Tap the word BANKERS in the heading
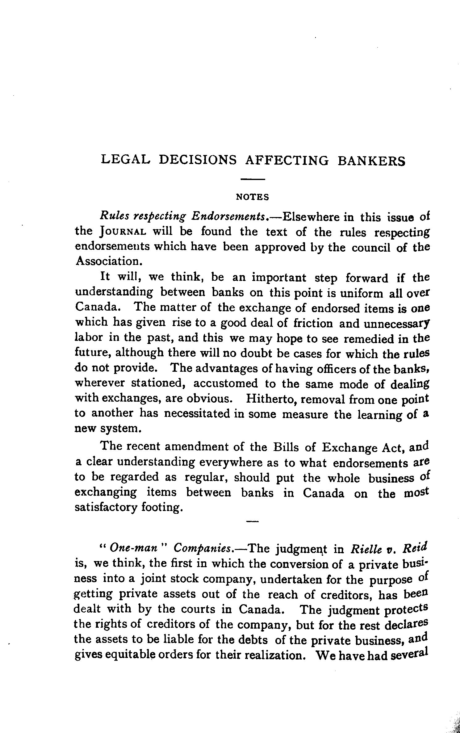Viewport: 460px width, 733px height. click(371, 161)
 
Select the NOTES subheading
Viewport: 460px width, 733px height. click(252, 197)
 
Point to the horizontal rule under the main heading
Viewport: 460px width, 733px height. click(253, 179)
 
